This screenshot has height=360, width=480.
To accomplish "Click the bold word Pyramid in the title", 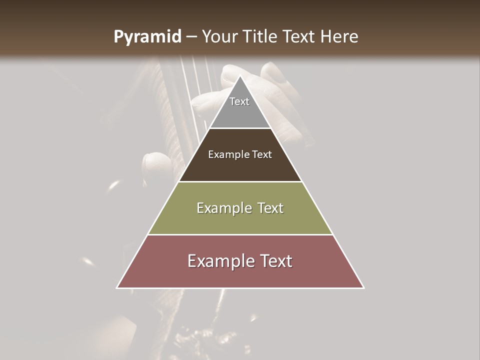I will [147, 37].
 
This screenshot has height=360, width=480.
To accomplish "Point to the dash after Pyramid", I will [191, 37].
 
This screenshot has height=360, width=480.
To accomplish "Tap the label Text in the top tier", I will [239, 101].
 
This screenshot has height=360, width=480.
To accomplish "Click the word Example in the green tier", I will [223, 208].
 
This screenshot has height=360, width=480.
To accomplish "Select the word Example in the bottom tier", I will [219, 261].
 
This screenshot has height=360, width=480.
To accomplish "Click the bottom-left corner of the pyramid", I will [117, 288].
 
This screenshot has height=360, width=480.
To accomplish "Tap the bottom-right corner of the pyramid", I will [363, 288].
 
